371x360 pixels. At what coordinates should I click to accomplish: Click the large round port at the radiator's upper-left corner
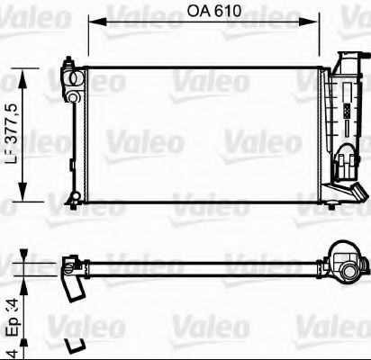tap(69, 68)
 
